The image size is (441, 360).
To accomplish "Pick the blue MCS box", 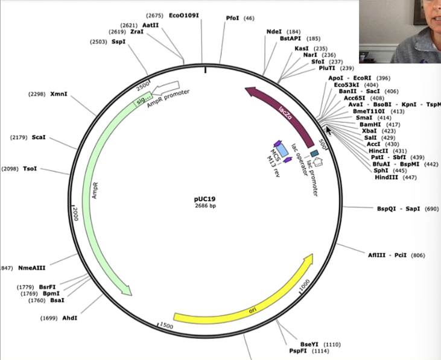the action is (x=278, y=148).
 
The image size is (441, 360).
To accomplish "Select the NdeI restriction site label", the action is (x=274, y=31).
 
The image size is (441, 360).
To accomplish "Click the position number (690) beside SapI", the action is (x=431, y=208).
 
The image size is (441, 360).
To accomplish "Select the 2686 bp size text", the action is (x=205, y=206).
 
